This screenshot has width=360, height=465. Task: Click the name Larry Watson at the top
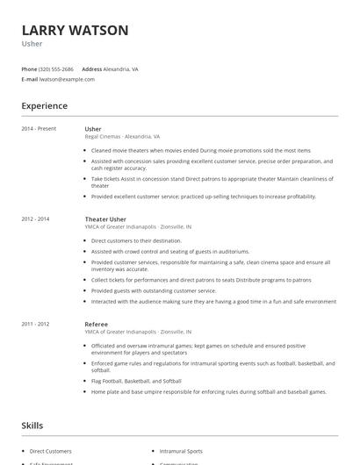coord(75,30)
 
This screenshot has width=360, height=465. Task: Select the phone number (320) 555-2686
coord(57,68)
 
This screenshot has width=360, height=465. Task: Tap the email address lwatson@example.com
coord(68,79)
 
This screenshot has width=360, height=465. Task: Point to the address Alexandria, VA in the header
coord(121,68)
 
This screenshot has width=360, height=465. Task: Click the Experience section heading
coord(45,106)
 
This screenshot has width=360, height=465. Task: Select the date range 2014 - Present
coord(39,129)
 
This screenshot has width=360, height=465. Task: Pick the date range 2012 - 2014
coord(36,218)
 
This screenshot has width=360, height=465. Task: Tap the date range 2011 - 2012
coord(36,324)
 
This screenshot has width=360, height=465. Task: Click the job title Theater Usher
coord(105,218)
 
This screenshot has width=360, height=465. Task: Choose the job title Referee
coord(97,324)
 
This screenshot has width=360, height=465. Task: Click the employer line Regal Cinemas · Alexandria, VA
coord(122,137)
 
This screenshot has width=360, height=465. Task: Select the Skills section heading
coord(32,426)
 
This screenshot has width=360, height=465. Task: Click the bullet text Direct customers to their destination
coord(136,240)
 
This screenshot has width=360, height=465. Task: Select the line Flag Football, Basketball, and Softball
coord(136,382)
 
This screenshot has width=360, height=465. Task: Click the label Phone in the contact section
coord(30,68)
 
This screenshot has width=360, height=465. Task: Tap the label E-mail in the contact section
coord(30,79)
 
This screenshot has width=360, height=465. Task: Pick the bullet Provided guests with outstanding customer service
coord(153,290)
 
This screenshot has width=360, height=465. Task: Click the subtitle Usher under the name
coord(32,43)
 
